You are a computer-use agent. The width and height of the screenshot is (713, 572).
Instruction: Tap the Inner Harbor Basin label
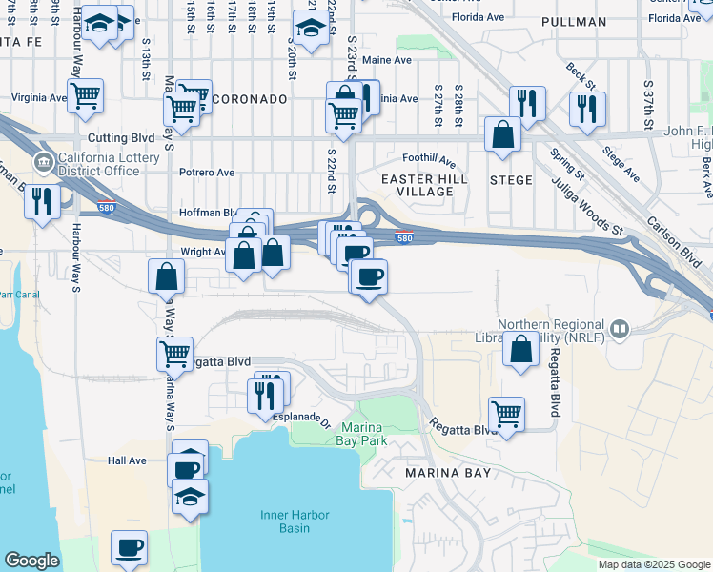click(295, 521)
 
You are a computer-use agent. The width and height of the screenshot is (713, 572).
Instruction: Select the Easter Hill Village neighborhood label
click(417, 185)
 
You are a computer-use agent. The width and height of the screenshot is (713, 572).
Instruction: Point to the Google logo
click(31, 561)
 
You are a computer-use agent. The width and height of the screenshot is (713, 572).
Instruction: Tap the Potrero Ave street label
click(207, 173)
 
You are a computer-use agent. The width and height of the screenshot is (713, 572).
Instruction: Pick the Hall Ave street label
click(127, 460)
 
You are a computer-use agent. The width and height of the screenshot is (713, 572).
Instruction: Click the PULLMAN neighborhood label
click(573, 22)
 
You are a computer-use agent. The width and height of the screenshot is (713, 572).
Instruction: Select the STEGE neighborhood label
click(511, 178)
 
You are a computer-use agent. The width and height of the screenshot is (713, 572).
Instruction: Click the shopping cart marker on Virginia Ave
click(86, 94)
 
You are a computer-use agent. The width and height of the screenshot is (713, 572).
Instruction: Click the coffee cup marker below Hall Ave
click(129, 548)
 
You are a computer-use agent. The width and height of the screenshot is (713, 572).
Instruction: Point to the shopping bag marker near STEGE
click(502, 134)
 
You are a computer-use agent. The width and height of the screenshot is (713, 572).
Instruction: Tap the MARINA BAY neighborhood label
click(447, 473)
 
